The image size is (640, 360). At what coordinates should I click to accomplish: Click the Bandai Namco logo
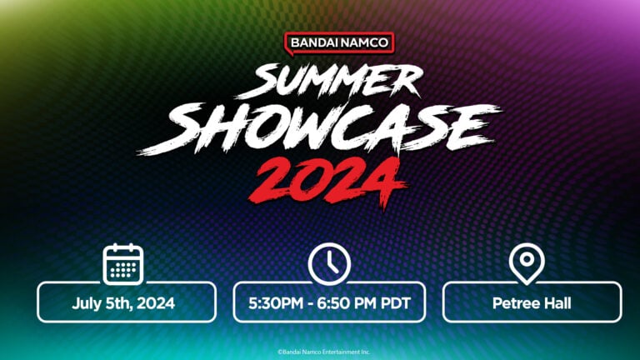(x=339, y=42)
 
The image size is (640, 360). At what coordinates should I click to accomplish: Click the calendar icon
(x=123, y=264)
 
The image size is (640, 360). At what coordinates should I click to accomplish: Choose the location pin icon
(x=527, y=264)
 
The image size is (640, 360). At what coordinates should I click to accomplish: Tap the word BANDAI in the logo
(x=312, y=42)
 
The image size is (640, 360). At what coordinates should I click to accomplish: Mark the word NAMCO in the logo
(x=364, y=42)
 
